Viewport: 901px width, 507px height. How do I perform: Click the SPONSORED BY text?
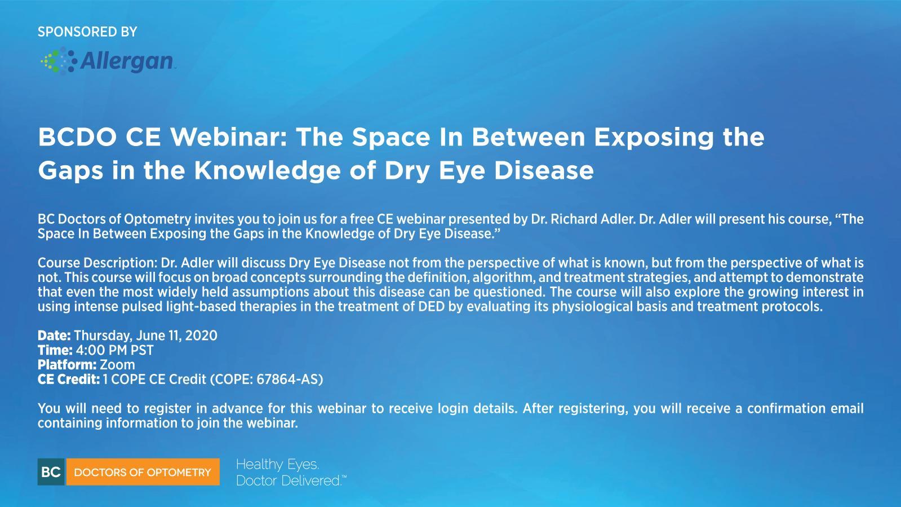pyautogui.click(x=87, y=32)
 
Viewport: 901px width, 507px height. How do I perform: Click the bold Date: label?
pyautogui.click(x=54, y=336)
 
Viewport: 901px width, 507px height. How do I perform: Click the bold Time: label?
pyautogui.click(x=55, y=350)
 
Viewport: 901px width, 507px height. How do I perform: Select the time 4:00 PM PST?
pyautogui.click(x=115, y=350)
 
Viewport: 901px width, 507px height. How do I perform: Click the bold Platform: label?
pyautogui.click(x=67, y=365)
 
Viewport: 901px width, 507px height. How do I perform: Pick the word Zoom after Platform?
pyautogui.click(x=118, y=365)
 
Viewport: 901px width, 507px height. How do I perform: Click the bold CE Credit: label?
pyautogui.click(x=69, y=380)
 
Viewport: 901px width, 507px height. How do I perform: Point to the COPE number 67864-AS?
pyautogui.click(x=287, y=380)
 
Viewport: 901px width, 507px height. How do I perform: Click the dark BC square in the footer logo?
pyautogui.click(x=51, y=472)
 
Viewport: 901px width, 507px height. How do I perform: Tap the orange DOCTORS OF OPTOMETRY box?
pyautogui.click(x=143, y=472)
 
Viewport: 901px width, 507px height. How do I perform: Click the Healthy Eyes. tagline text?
pyautogui.click(x=277, y=465)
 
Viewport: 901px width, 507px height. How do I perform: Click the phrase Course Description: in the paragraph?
pyautogui.click(x=97, y=263)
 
